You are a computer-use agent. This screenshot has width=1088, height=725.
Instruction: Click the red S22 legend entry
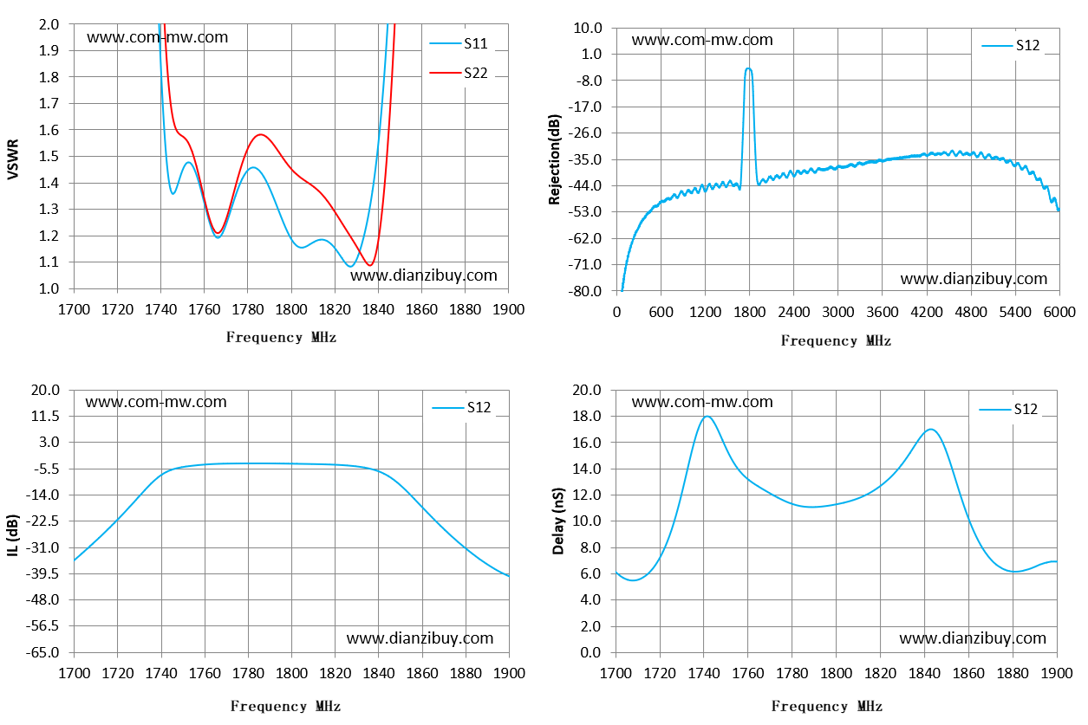pyautogui.click(x=458, y=73)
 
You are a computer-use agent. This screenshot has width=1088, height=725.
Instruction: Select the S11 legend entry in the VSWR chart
pyautogui.click(x=458, y=43)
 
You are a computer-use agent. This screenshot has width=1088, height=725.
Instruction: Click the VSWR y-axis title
pyautogui.click(x=13, y=159)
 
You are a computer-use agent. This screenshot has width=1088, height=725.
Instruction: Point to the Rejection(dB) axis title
pyautogui.click(x=554, y=159)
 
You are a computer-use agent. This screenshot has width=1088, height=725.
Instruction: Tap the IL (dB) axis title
pyautogui.click(x=13, y=534)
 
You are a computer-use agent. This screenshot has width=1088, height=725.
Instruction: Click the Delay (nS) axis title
pyautogui.click(x=558, y=521)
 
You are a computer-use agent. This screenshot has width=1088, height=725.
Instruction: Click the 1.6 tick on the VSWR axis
pyautogui.click(x=49, y=130)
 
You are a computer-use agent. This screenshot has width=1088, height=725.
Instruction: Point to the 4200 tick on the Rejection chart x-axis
pyautogui.click(x=926, y=312)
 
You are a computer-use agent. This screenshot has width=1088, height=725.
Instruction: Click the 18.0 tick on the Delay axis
pyautogui.click(x=587, y=417)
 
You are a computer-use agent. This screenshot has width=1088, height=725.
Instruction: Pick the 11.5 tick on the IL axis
pyautogui.click(x=45, y=417)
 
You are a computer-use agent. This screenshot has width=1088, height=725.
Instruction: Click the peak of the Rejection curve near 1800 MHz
pyautogui.click(x=748, y=69)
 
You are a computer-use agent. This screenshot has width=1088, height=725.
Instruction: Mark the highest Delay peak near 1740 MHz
pyautogui.click(x=707, y=417)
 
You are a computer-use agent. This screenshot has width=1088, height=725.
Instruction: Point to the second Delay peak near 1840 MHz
pyautogui.click(x=930, y=430)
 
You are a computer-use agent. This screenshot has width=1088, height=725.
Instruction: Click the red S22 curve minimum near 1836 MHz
pyautogui.click(x=370, y=265)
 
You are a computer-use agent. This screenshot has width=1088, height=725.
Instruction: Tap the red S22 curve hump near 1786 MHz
pyautogui.click(x=261, y=134)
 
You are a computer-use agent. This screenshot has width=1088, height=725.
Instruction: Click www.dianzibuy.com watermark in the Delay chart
pyautogui.click(x=973, y=638)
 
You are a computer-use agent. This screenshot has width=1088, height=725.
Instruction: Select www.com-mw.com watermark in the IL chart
pyautogui.click(x=156, y=402)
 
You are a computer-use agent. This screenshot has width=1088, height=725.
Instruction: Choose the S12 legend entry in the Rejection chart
pyautogui.click(x=1010, y=46)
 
